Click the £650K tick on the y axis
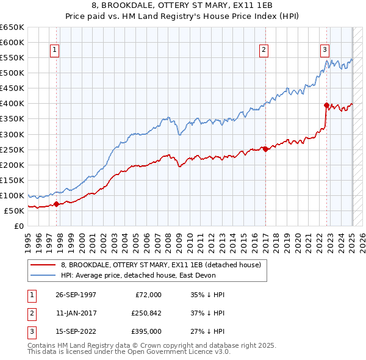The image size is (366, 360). (12, 27)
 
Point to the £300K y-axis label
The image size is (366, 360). (12, 134)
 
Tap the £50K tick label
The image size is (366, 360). (14, 211)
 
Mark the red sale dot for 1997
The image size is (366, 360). (57, 204)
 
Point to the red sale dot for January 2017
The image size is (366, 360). (265, 149)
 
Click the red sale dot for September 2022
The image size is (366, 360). (326, 105)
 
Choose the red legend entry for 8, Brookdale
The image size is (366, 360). (161, 265)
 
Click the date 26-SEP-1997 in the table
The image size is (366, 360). (76, 295)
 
